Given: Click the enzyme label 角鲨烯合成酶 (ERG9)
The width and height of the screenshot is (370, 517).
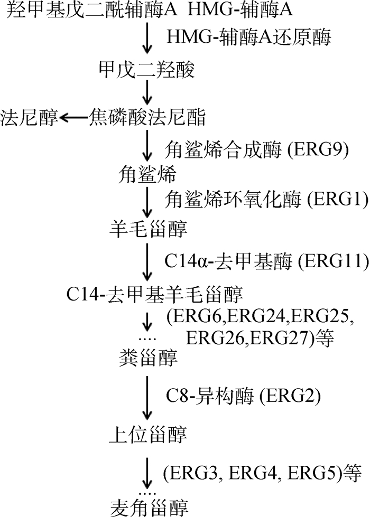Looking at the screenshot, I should click(257, 149).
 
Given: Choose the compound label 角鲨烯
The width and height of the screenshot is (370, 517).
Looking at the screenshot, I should click(146, 173).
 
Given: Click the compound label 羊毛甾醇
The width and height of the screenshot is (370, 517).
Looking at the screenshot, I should click(146, 229).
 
